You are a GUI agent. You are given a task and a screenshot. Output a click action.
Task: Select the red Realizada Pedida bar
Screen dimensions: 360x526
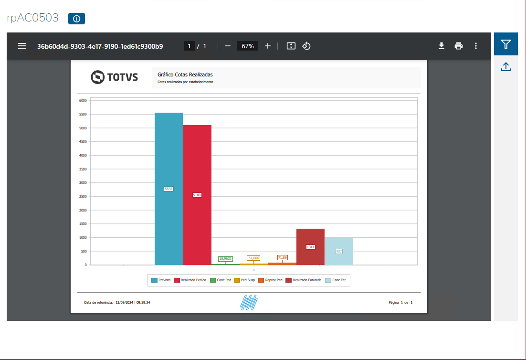coord(197,158)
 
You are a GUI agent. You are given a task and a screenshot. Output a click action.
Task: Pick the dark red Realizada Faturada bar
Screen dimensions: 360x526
coord(310,239)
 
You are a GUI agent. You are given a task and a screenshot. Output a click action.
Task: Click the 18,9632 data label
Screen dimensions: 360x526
coord(225,258)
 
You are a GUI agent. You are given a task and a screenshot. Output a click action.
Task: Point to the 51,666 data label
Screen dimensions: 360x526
coord(253,258)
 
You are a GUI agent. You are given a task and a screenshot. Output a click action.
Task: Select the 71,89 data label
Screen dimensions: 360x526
coord(282,257)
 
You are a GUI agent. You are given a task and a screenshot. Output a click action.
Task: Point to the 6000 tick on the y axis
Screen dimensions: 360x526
coord(83,101)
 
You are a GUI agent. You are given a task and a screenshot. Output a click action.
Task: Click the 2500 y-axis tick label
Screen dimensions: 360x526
coord(83,196)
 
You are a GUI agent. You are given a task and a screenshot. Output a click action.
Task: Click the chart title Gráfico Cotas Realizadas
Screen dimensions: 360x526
coord(185,74)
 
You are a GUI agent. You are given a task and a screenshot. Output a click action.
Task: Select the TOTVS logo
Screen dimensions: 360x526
coord(114,77)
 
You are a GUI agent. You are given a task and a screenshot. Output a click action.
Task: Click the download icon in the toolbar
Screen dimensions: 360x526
coord(442,46)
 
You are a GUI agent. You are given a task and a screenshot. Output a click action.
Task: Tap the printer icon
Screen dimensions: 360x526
coord(459,46)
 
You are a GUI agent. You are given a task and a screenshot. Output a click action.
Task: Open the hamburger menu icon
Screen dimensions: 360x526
coord(22,46)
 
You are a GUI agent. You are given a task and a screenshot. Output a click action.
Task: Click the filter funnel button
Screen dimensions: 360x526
coord(506,44)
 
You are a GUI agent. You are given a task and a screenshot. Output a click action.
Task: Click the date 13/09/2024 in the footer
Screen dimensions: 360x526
coord(125,302)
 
